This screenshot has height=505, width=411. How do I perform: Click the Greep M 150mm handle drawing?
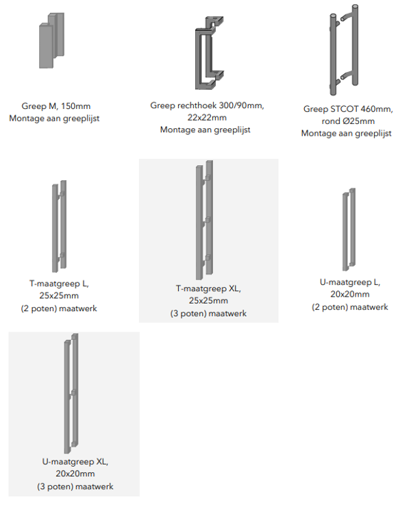51,40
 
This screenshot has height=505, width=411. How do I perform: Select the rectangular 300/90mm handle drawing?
197,58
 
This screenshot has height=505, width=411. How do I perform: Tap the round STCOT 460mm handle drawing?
334,55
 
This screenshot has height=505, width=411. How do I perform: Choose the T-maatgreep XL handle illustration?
200,222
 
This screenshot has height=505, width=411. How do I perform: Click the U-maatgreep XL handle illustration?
67,396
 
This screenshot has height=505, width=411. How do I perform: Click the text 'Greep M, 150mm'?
56,106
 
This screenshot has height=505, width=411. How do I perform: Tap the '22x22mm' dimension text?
207,118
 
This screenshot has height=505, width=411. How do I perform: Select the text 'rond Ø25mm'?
348,121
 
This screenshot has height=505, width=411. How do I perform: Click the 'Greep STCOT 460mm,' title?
348,109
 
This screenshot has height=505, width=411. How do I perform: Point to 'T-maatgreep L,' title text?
59,284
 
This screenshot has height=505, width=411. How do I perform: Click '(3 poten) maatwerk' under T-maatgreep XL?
208,313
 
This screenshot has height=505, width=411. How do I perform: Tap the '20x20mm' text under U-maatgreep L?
350,294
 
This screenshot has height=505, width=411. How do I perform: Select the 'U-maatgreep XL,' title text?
75,462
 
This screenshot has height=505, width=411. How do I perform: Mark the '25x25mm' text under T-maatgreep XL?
208,301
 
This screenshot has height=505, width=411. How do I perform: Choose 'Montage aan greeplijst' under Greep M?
54,119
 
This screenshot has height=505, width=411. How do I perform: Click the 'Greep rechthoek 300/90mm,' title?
207,106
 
